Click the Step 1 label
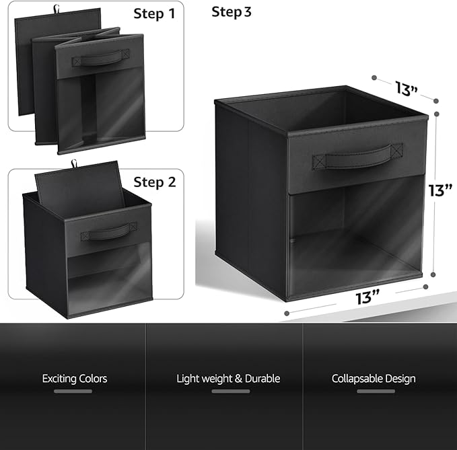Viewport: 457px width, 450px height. [x=154, y=13]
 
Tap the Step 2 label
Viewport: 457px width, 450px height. [x=155, y=182]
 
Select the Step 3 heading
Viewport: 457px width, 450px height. [x=232, y=12]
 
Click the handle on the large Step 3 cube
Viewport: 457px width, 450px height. [x=357, y=157]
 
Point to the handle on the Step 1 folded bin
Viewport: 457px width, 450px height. [x=101, y=58]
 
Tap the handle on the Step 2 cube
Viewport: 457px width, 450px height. [x=109, y=231]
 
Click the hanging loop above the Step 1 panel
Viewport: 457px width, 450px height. [x=56, y=9]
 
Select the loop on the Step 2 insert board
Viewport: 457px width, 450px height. [x=74, y=163]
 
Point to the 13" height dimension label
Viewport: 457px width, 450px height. [x=440, y=190]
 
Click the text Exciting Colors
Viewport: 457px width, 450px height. [x=75, y=379]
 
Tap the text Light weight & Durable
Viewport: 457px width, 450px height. [x=228, y=379]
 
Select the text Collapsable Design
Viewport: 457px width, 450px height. [x=374, y=379]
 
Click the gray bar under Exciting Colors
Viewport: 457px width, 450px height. [x=73, y=391]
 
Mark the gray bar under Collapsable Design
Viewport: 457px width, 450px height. [x=376, y=391]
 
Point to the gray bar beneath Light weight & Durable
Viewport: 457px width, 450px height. [x=231, y=391]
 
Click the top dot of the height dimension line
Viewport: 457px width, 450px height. [x=437, y=114]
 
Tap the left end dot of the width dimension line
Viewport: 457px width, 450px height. [x=287, y=313]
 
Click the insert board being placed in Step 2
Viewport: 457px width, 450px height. [x=79, y=188]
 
